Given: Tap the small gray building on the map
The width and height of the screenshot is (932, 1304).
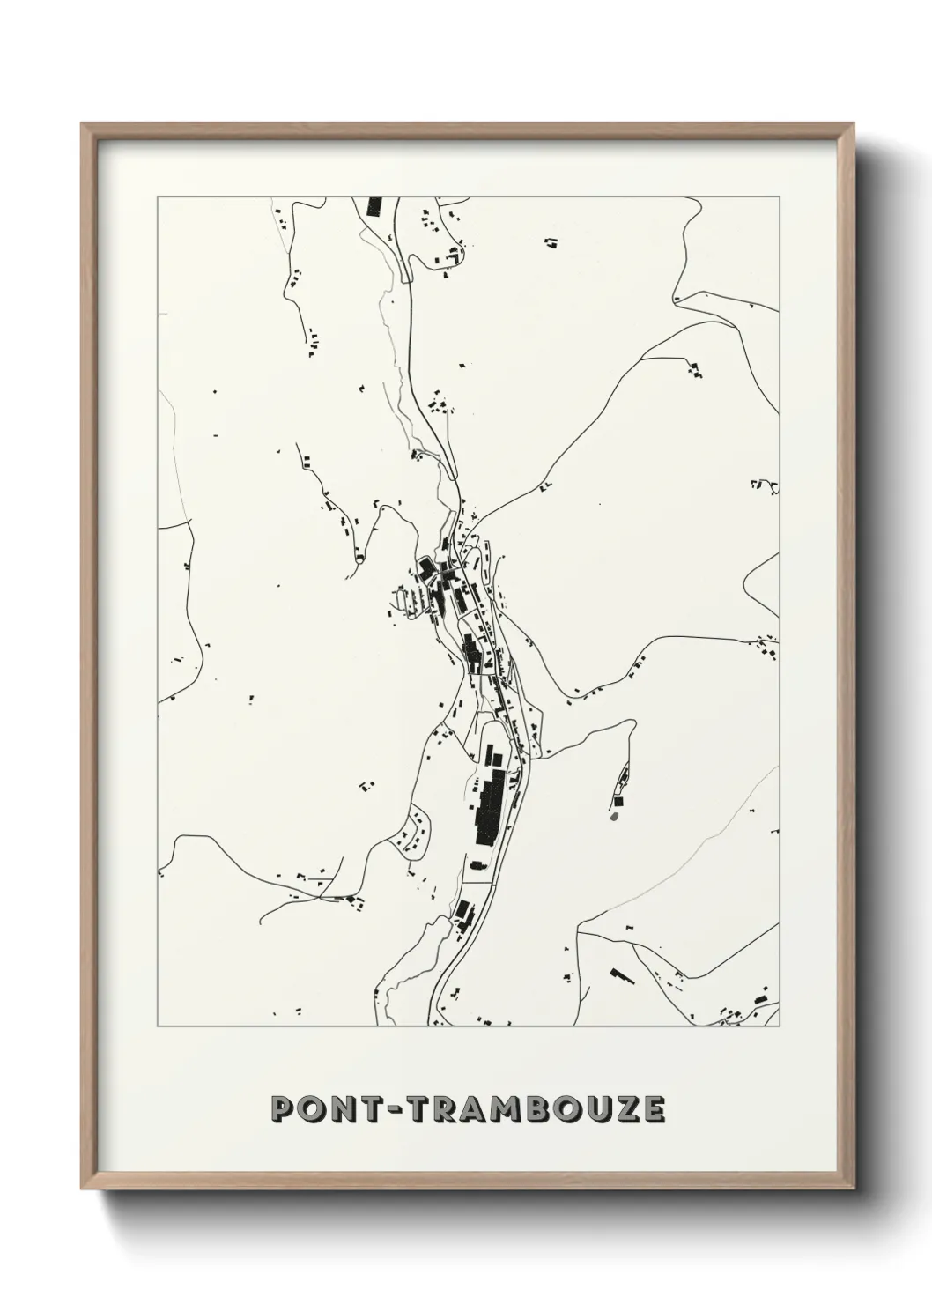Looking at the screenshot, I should tap(613, 816).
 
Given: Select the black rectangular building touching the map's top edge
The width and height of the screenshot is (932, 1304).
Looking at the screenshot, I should tap(374, 207).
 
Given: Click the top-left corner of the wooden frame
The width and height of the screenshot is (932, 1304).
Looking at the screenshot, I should tap(83, 124).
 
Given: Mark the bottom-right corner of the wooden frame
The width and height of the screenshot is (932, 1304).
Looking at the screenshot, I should tap(854, 1193).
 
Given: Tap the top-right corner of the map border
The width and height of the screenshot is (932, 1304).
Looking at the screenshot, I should tap(780, 197).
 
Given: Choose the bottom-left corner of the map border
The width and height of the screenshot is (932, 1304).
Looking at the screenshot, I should tap(158, 1026).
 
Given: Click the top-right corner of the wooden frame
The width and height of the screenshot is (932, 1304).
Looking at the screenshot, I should tap(854, 124).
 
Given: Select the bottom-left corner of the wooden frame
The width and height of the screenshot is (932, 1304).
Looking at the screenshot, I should tap(83, 1193).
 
